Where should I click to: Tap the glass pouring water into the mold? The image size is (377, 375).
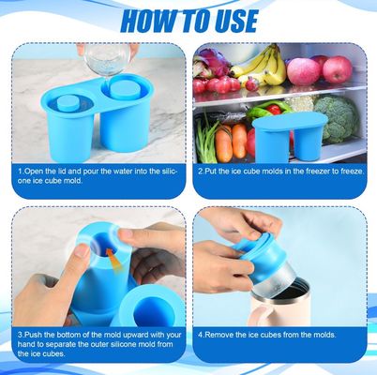point(105,57)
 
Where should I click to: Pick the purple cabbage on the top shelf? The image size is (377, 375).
point(214,63)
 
